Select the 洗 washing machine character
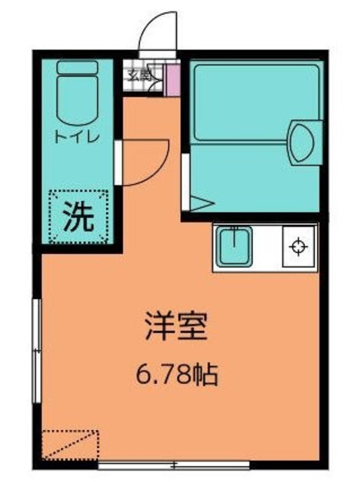[x=78, y=218]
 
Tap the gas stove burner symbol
[x=299, y=246]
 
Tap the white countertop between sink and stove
[x=268, y=246]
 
